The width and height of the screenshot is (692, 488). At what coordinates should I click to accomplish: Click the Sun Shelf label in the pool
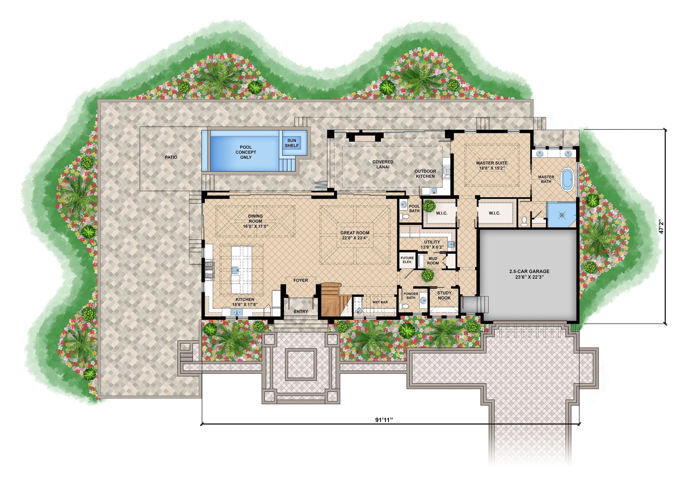[x=292, y=143]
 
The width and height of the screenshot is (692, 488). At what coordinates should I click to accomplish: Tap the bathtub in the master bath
[x=566, y=179]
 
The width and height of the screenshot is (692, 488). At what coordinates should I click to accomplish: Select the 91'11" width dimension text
[x=384, y=420]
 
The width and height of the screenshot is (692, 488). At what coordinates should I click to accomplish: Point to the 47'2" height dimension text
[x=661, y=226]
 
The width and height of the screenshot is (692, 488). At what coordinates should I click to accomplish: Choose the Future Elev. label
[x=407, y=260]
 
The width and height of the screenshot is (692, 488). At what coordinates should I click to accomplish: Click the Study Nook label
[x=444, y=295]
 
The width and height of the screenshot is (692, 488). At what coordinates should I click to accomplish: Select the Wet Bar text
[x=380, y=302]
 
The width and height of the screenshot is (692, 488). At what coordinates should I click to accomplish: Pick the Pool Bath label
[x=414, y=208]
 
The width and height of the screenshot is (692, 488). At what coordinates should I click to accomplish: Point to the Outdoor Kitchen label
[x=425, y=174]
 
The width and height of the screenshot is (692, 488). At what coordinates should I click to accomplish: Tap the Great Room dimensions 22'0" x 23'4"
[x=355, y=238]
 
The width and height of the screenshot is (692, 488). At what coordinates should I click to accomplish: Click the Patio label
[x=171, y=157]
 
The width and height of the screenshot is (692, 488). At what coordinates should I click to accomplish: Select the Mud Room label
[x=432, y=261]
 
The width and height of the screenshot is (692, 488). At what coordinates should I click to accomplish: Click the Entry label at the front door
[x=301, y=311]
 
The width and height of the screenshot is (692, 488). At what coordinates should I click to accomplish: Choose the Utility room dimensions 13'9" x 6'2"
[x=432, y=247]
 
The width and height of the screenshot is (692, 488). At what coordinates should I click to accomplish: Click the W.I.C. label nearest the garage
[x=494, y=213]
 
